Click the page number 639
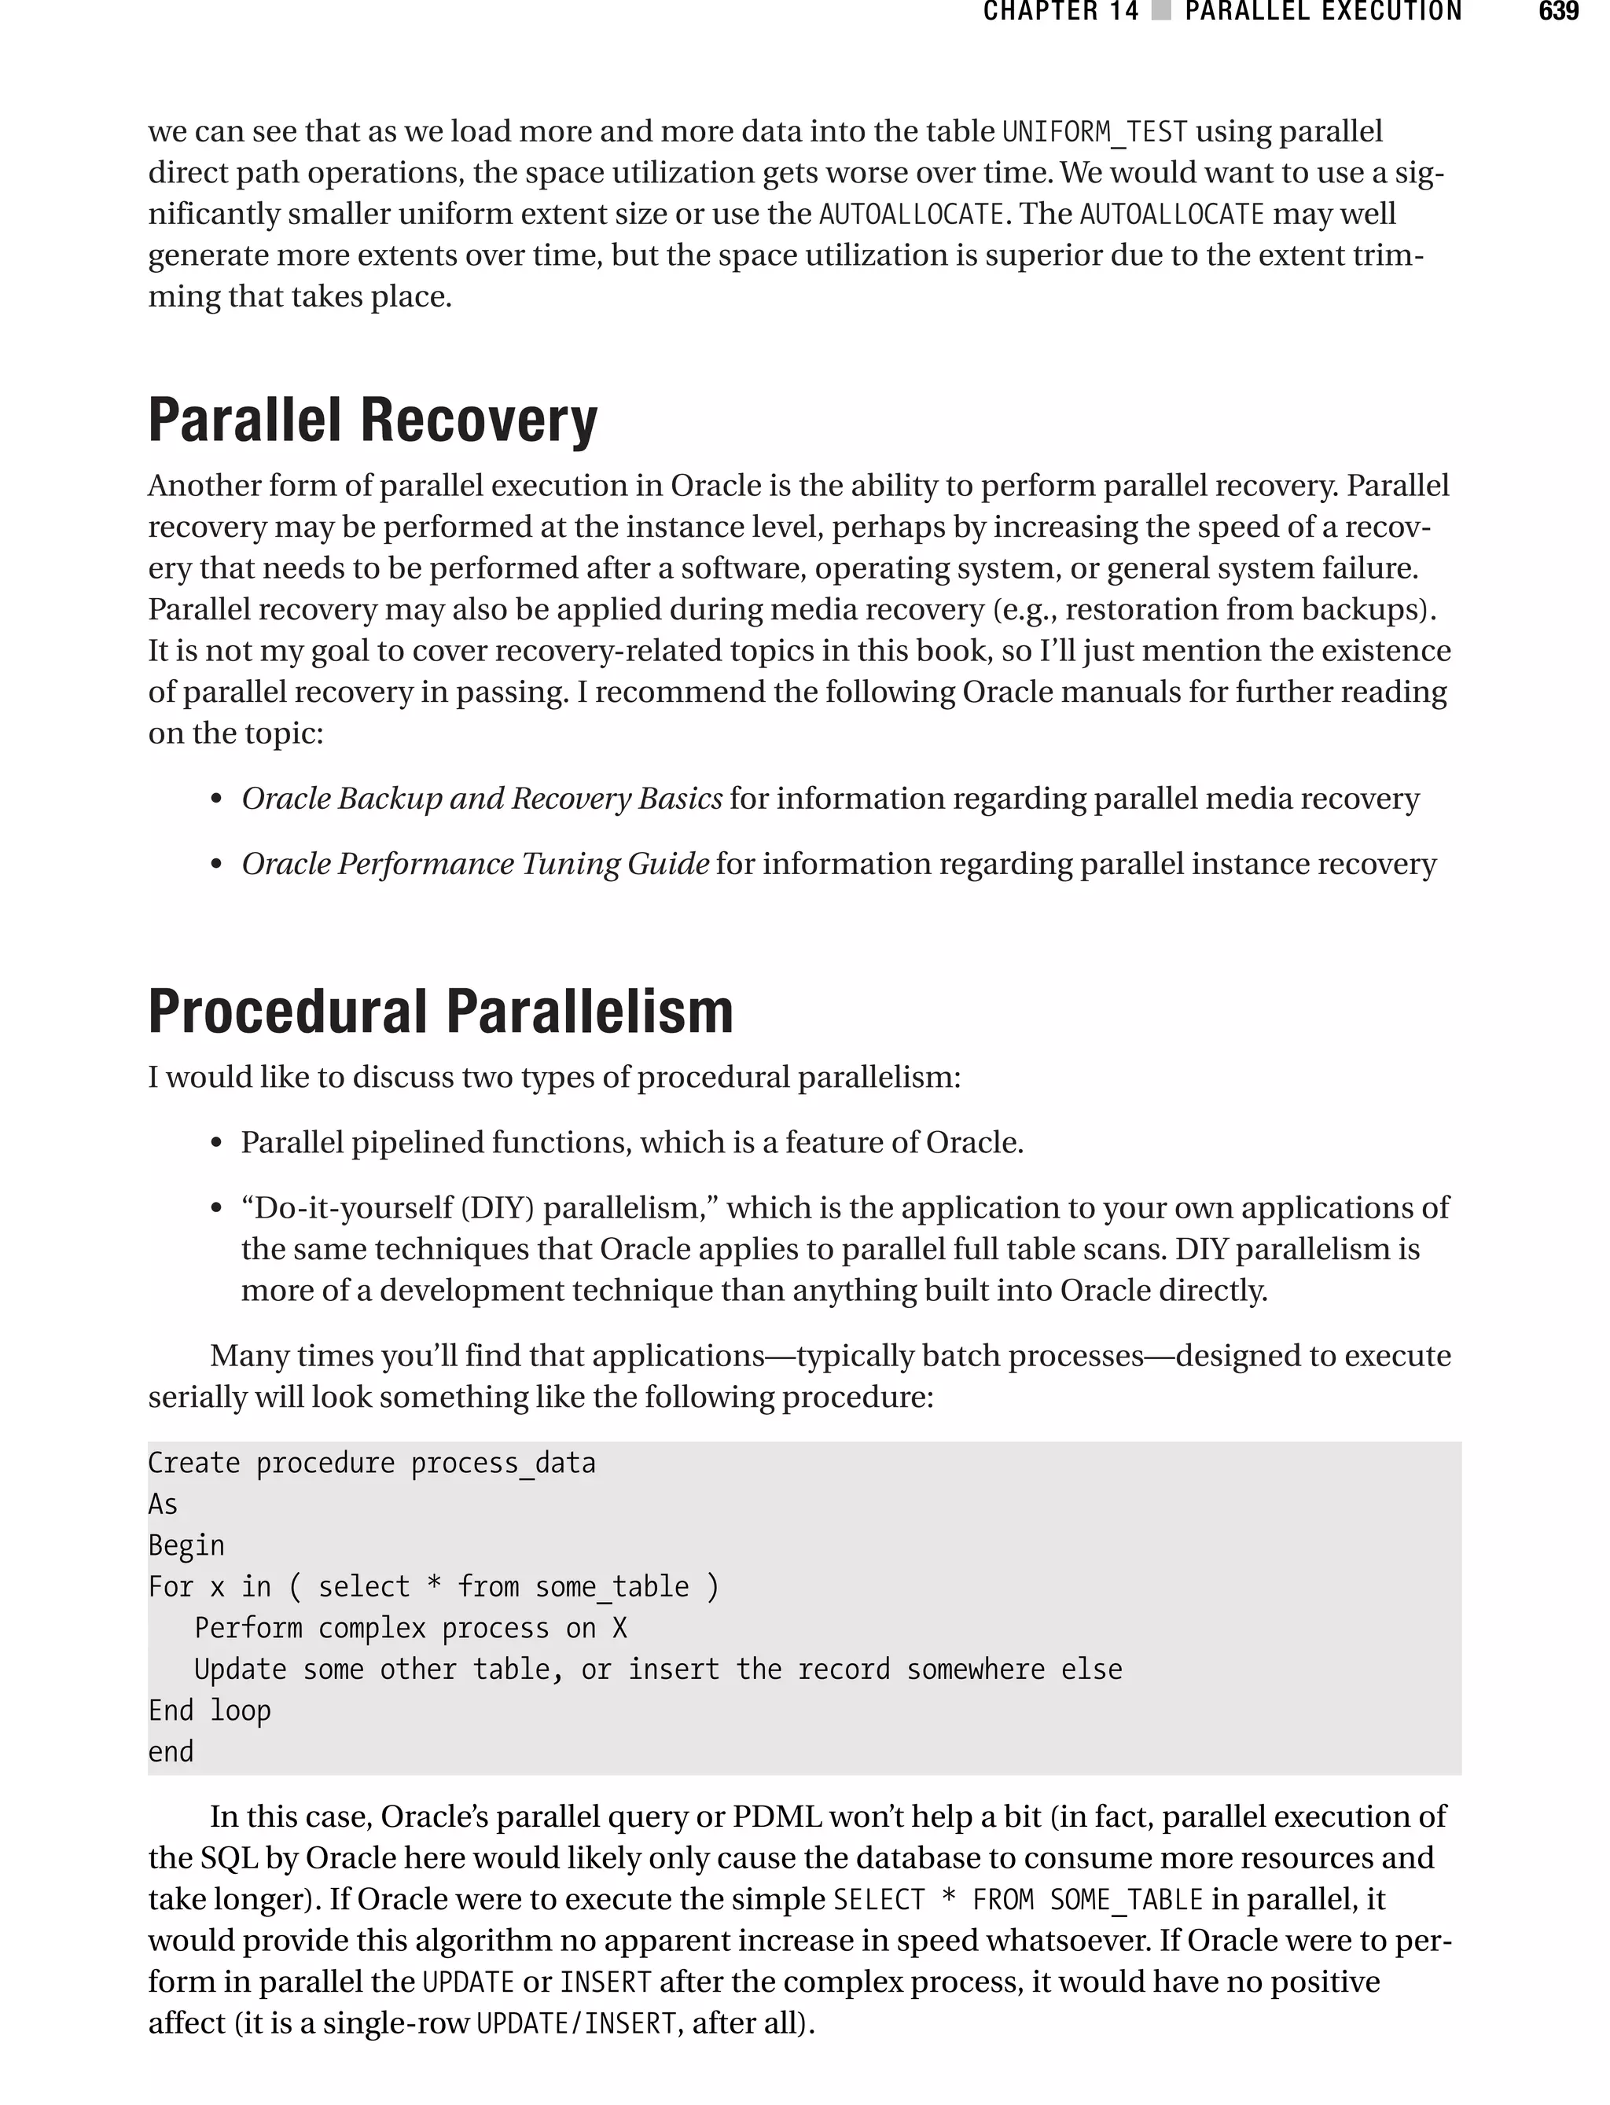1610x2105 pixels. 1558,12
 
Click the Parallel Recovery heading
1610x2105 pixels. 372,421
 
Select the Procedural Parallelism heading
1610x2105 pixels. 440,1012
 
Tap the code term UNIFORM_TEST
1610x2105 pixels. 1094,131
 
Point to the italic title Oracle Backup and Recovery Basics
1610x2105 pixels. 481,798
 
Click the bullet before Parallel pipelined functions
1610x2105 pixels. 217,1143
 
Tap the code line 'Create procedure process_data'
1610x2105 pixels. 371,1463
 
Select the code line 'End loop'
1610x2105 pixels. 209,1710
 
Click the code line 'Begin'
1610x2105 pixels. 186,1545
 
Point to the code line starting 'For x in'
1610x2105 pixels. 433,1587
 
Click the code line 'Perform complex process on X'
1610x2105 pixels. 410,1628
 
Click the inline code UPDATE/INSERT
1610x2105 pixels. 575,2022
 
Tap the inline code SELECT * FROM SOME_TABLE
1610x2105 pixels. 1018,1899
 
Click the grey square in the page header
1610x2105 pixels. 1161,12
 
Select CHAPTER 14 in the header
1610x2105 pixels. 1060,12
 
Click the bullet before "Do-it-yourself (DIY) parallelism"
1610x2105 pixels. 217,1208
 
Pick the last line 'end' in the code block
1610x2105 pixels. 171,1751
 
